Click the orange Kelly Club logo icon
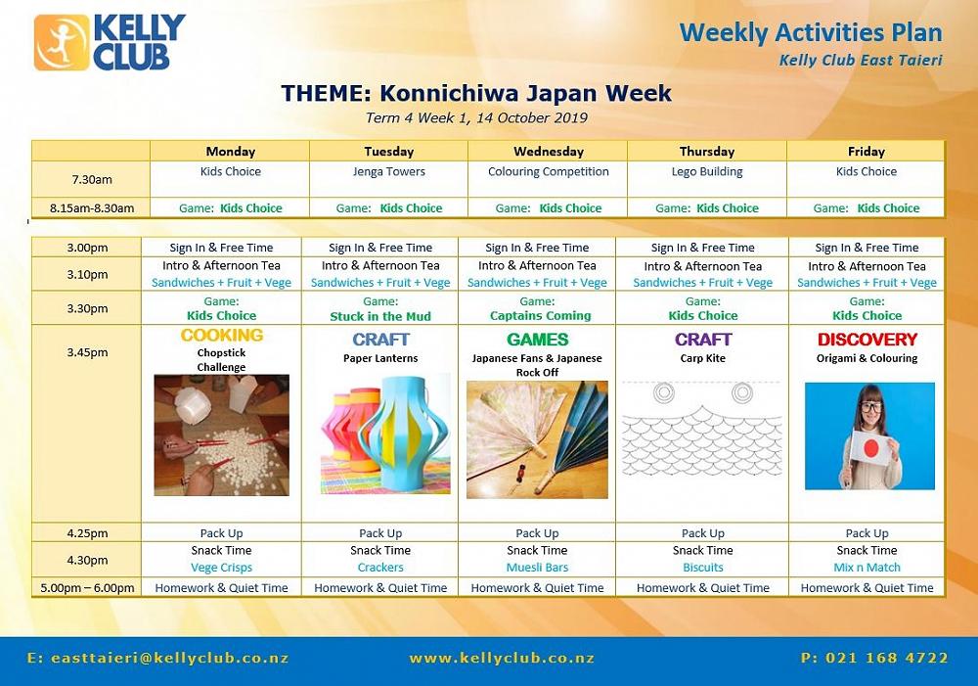point(62,42)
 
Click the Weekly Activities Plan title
point(810,32)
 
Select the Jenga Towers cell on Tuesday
point(388,171)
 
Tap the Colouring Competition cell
point(549,171)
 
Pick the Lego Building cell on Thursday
point(707,171)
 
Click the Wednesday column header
point(549,151)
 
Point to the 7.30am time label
point(92,180)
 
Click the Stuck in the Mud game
point(380,316)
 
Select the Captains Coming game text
point(540,316)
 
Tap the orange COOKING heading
point(221,336)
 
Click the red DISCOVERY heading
point(867,340)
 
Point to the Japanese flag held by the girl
point(872,448)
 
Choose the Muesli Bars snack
point(537,568)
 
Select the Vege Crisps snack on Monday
point(221,568)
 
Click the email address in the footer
point(157,658)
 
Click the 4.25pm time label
point(87,533)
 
